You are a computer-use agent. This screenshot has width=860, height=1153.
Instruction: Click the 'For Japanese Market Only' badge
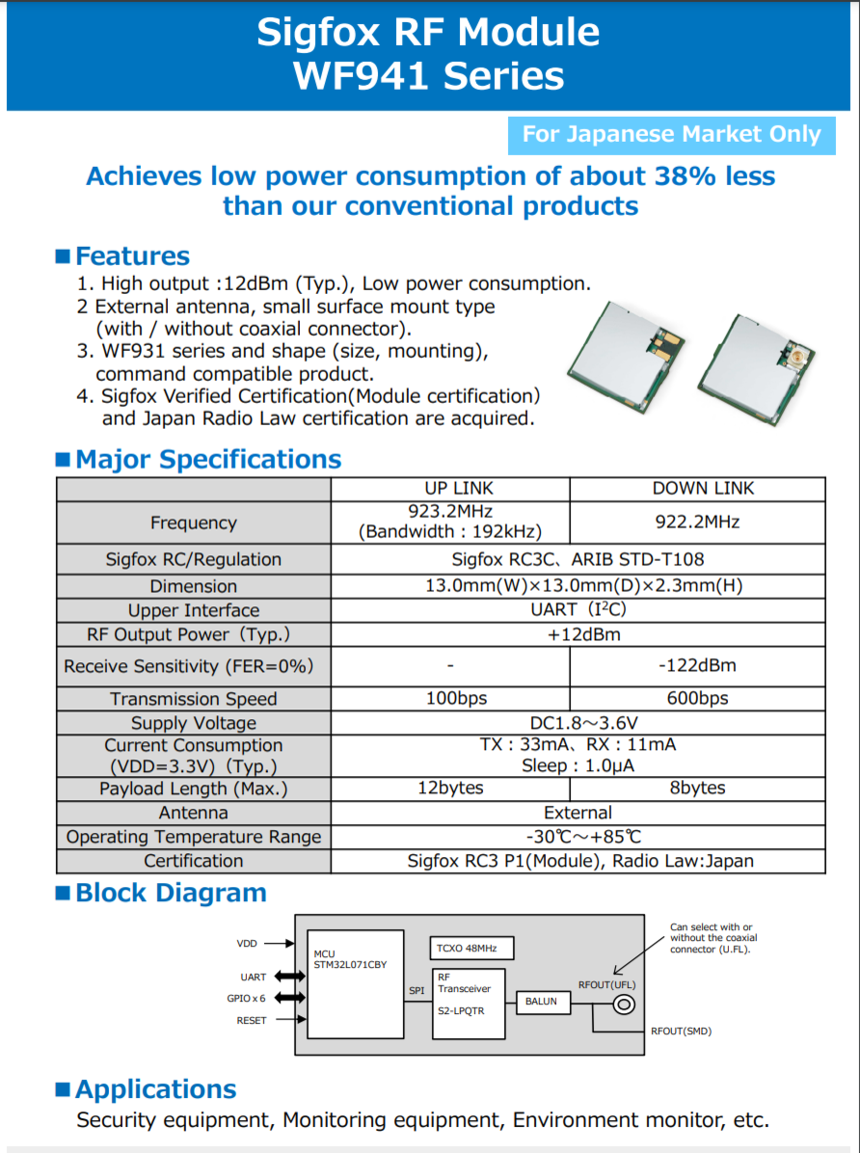[671, 135]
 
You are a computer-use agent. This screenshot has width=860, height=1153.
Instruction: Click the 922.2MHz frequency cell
[697, 522]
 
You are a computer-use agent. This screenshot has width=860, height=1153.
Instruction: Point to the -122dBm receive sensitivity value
[697, 665]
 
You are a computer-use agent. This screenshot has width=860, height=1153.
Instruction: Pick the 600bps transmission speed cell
[697, 698]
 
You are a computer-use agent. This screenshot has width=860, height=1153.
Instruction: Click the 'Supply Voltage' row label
[193, 722]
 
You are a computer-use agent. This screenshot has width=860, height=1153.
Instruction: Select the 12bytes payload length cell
[450, 788]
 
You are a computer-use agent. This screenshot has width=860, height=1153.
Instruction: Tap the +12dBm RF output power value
[578, 634]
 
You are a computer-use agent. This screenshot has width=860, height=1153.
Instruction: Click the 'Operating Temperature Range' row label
[193, 836]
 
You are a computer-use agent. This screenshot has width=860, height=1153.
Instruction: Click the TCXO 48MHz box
[472, 947]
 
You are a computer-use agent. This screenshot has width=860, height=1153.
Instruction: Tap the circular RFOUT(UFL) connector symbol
[624, 1005]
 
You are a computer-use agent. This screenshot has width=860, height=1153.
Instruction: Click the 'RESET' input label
[252, 1020]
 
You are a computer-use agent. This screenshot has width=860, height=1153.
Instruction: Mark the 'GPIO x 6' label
[246, 998]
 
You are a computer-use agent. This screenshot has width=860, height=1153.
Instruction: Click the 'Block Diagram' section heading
[171, 893]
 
